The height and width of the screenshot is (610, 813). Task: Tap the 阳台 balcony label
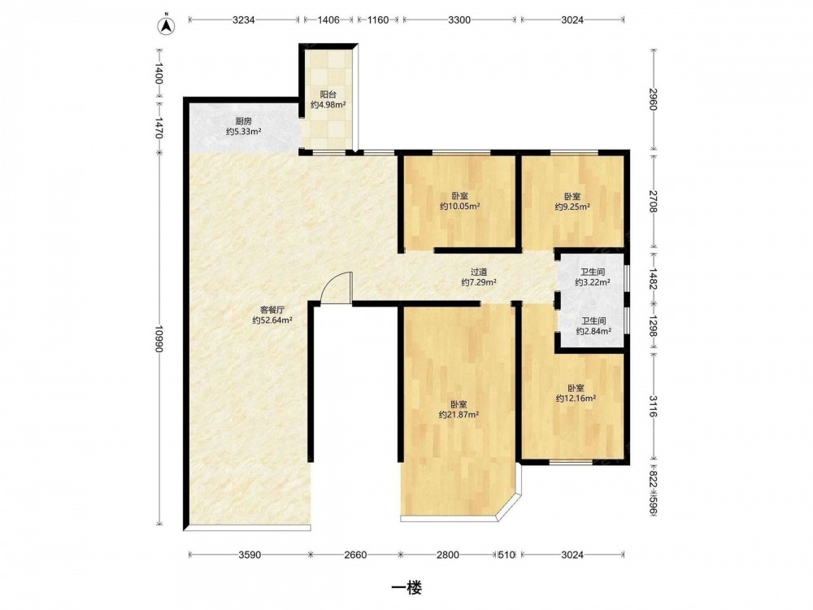[328, 94]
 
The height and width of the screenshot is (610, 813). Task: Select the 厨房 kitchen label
[243, 121]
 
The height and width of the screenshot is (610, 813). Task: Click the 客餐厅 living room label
[272, 310]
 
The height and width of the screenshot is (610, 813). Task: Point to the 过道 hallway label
[479, 272]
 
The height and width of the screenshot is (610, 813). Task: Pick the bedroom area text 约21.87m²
[459, 415]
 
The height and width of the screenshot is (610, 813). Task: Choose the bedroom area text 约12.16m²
[576, 399]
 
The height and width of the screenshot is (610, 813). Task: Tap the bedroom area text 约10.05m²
[460, 207]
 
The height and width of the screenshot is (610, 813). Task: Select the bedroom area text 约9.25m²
[572, 207]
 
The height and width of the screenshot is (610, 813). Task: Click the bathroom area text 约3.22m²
[593, 283]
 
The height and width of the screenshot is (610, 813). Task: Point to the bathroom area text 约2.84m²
[593, 332]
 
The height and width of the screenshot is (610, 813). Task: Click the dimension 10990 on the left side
[159, 340]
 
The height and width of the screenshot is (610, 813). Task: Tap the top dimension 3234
[244, 20]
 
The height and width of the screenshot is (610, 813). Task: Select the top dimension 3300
[459, 20]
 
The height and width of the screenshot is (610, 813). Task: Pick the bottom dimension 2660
[355, 555]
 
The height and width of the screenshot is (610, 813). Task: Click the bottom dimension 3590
[250, 555]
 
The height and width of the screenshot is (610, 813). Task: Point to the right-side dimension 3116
[652, 406]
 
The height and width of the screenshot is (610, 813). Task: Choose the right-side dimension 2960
[652, 98]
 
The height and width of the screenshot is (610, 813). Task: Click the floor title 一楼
[406, 588]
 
